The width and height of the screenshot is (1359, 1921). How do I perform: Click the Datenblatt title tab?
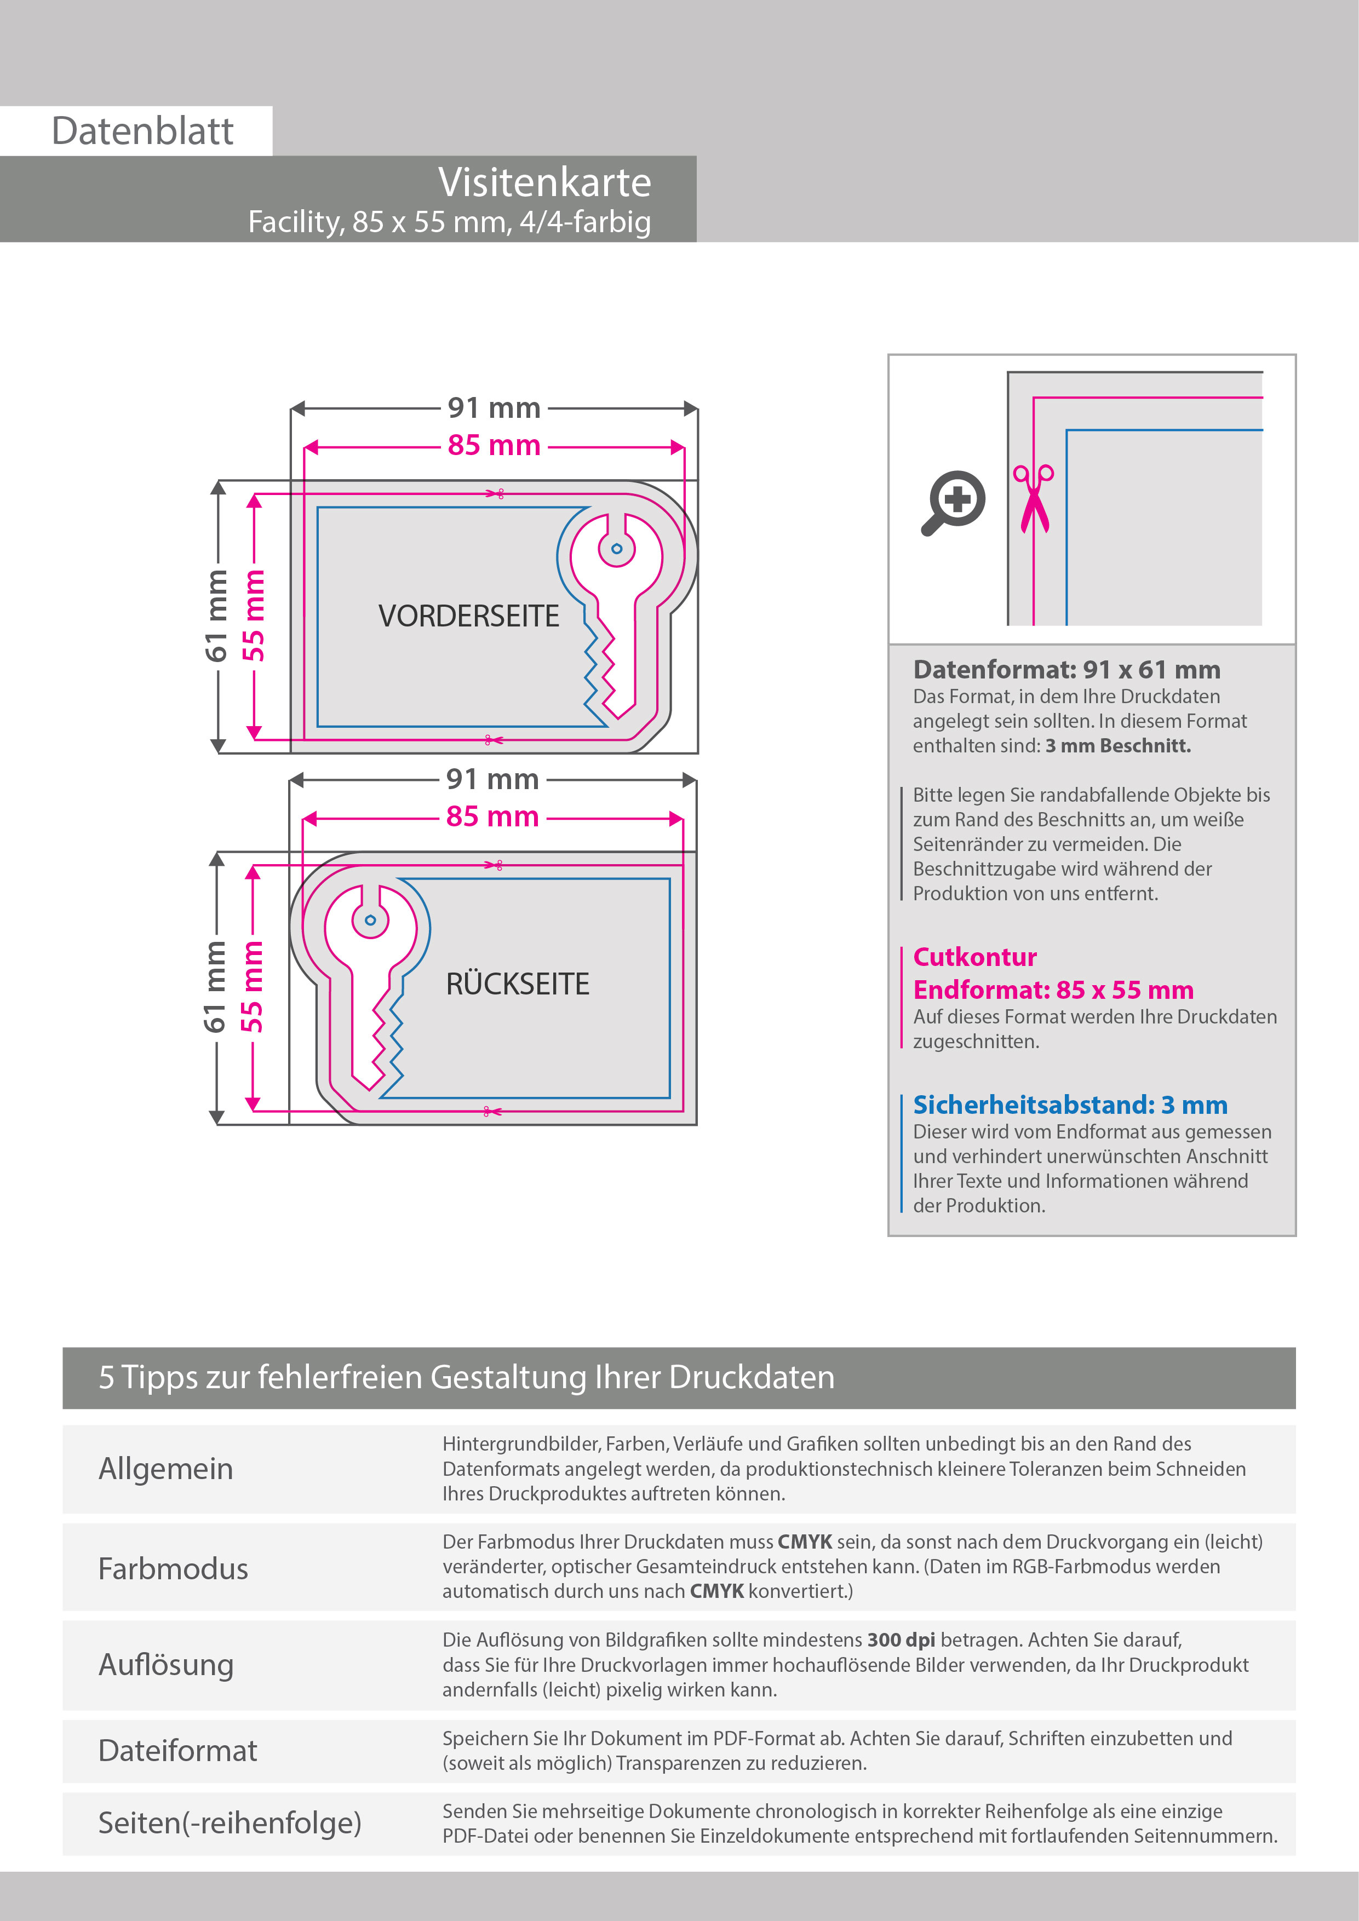tap(142, 131)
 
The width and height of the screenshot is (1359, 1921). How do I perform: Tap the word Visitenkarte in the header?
tap(544, 182)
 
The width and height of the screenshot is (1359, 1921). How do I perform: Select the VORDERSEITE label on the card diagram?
tap(469, 616)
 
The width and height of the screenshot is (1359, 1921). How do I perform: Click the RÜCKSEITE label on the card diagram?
tap(517, 984)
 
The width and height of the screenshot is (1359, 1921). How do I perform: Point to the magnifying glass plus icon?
tap(954, 502)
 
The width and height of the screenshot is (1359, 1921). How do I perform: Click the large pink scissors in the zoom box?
tap(1034, 499)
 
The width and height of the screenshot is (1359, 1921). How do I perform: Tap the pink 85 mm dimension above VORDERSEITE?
tap(494, 445)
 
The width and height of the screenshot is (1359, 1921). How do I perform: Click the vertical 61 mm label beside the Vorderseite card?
tap(216, 616)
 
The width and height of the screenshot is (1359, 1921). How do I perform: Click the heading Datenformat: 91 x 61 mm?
tap(1066, 669)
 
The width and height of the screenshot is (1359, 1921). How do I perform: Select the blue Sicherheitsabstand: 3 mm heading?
tap(1069, 1105)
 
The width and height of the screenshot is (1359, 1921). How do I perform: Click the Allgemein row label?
tap(165, 1468)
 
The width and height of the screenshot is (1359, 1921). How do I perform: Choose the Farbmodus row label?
tap(173, 1569)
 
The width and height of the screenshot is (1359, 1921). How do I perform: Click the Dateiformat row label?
tap(177, 1750)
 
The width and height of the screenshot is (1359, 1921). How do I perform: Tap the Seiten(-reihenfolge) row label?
tap(230, 1822)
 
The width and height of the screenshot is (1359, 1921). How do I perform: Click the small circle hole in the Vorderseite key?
tap(617, 549)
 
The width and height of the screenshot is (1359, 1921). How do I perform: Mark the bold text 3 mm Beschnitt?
tap(1118, 745)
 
